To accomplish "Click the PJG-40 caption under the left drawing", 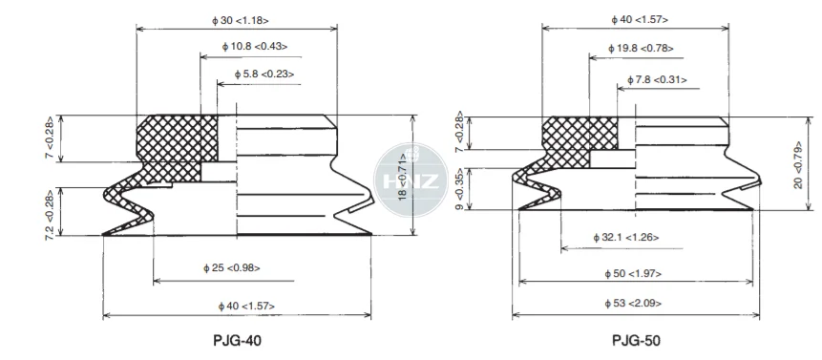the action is click(x=237, y=341).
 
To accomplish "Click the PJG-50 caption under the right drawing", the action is click(x=637, y=341).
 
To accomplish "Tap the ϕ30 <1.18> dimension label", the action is click(x=240, y=21).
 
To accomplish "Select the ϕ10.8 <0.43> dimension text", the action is click(x=255, y=46).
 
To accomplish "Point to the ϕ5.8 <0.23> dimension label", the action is click(x=264, y=74).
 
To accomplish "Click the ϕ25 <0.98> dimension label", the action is click(x=232, y=268).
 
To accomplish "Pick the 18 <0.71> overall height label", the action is click(x=404, y=176).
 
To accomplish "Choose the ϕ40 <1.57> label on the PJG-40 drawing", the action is click(x=246, y=306).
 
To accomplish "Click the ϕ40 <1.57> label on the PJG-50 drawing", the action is click(x=640, y=20).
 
